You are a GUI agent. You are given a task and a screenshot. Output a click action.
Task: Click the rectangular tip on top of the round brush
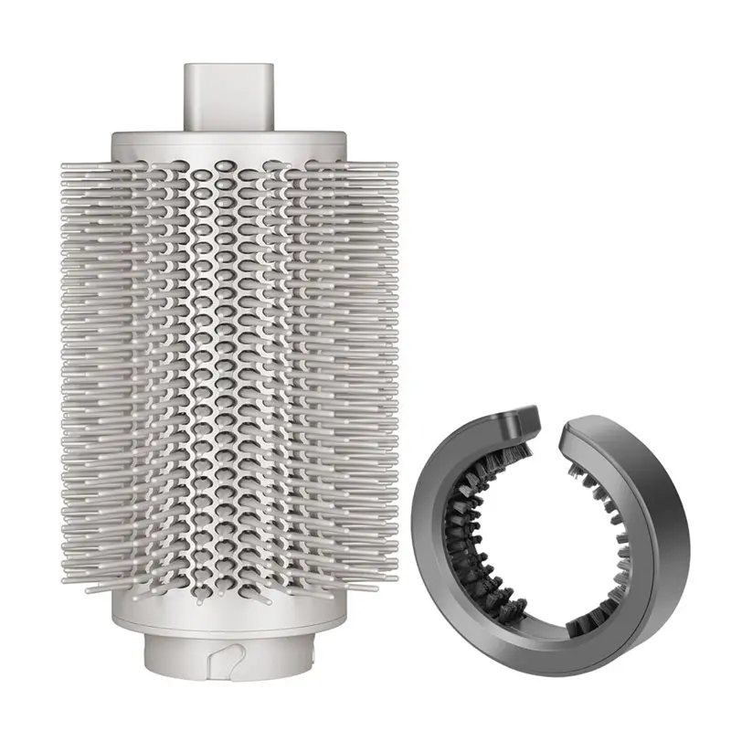coord(228,96)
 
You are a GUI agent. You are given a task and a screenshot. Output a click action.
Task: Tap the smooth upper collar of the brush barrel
coord(228,146)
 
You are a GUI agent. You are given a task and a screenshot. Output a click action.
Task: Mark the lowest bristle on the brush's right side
coord(365,585)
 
